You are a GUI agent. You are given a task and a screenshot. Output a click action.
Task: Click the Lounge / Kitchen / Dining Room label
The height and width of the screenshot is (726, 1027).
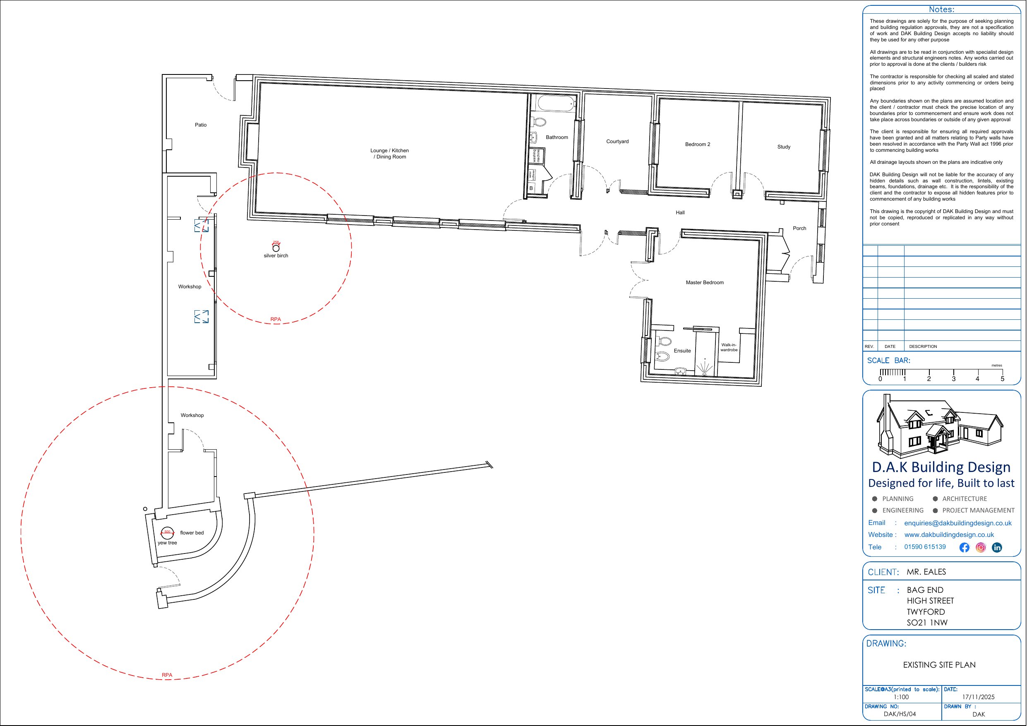click(x=390, y=153)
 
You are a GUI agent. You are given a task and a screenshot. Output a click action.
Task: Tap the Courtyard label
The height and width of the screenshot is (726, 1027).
click(x=617, y=141)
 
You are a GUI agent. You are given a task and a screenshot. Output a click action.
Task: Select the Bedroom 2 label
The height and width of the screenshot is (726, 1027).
click(x=697, y=144)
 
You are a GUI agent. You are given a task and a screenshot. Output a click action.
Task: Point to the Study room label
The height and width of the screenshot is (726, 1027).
click(x=784, y=147)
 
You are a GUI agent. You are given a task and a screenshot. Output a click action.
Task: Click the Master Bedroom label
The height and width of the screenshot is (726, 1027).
click(x=705, y=283)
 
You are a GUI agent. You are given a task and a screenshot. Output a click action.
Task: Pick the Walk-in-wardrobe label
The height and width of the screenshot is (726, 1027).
click(x=729, y=347)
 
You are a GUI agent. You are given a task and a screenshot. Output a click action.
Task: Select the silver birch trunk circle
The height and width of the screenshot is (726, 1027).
click(x=276, y=248)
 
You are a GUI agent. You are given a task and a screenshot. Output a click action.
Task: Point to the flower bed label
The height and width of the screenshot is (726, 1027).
click(x=192, y=533)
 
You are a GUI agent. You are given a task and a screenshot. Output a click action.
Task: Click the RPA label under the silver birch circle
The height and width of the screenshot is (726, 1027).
click(x=276, y=319)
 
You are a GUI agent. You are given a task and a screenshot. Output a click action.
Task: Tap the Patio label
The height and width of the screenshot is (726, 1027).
click(x=201, y=125)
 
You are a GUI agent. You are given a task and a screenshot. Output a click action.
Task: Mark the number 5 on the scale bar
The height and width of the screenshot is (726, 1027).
click(x=1003, y=379)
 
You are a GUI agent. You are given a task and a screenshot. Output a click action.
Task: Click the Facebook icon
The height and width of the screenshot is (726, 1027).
click(x=965, y=548)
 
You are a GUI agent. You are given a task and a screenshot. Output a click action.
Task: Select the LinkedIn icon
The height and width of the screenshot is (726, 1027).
click(x=997, y=548)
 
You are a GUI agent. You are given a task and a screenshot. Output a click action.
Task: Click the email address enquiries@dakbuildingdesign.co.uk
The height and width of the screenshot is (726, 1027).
click(x=957, y=523)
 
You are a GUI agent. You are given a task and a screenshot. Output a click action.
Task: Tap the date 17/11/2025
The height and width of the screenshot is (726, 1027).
click(x=978, y=697)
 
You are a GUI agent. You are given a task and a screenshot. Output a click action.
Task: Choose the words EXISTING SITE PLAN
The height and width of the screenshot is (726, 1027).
click(x=939, y=665)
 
